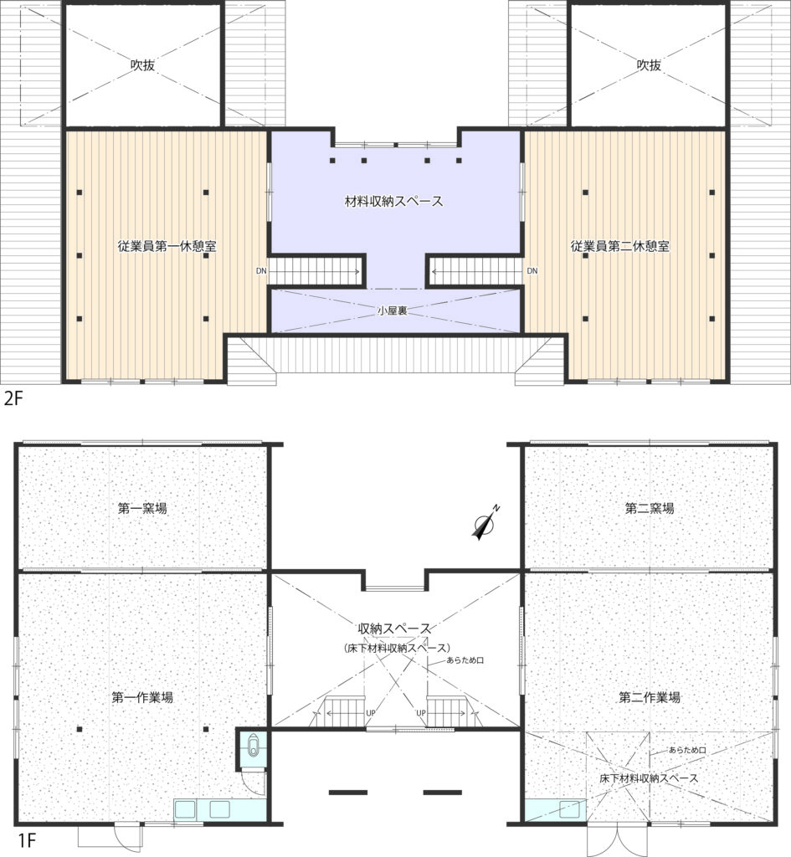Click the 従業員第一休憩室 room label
pos(167,246)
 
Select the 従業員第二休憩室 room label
pos(620,246)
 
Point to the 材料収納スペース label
pos(393,201)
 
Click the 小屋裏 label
pos(393,310)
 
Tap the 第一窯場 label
pos(142,508)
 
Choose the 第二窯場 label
pos(650,508)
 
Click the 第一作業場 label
pos(142,697)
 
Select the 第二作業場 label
pos(650,697)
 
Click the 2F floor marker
pos(13,398)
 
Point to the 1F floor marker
pos(27,840)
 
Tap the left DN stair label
pos(261,270)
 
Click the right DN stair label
pos(532,270)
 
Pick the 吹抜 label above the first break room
pos(142,65)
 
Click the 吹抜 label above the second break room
pos(649,65)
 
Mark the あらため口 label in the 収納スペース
pos(465,660)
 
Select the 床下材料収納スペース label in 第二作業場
pos(649,777)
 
